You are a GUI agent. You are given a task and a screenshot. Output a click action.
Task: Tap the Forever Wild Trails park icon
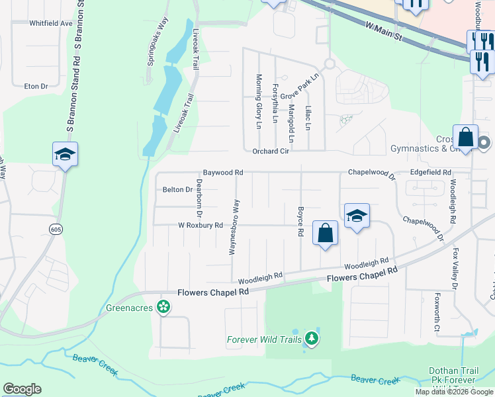click(x=311, y=340)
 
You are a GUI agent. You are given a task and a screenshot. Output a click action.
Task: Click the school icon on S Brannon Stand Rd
click(x=65, y=154)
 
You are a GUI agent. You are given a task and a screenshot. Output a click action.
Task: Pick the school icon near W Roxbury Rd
click(x=357, y=216)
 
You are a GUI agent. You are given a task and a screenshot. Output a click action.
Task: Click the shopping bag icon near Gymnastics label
click(x=466, y=138)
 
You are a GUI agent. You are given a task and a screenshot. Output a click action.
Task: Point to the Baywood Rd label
click(x=223, y=173)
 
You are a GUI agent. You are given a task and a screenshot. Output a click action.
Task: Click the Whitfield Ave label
click(x=50, y=23)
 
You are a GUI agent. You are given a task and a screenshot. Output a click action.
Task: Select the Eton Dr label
click(x=36, y=87)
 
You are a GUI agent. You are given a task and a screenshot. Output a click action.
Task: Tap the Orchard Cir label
click(x=271, y=151)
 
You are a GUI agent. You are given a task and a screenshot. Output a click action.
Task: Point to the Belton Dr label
click(x=177, y=190)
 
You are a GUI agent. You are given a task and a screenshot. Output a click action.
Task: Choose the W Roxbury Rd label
click(x=200, y=225)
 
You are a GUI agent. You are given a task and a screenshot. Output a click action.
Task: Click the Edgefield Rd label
click(x=430, y=173)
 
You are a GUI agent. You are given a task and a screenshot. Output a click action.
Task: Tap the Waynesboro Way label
click(x=233, y=225)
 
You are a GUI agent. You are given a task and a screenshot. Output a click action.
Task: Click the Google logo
click(x=22, y=389)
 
